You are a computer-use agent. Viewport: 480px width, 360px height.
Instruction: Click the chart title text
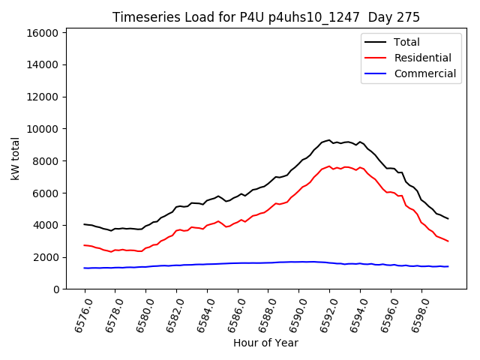[x=266, y=17]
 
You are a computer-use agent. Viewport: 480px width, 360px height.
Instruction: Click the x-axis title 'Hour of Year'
[x=265, y=343]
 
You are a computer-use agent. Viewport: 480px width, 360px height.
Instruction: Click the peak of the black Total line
[x=328, y=139]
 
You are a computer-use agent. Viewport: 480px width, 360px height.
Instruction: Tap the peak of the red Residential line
[x=328, y=166]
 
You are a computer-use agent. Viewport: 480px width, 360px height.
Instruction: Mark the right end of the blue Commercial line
[x=448, y=266]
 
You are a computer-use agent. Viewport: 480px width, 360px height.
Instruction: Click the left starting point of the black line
[x=85, y=224]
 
